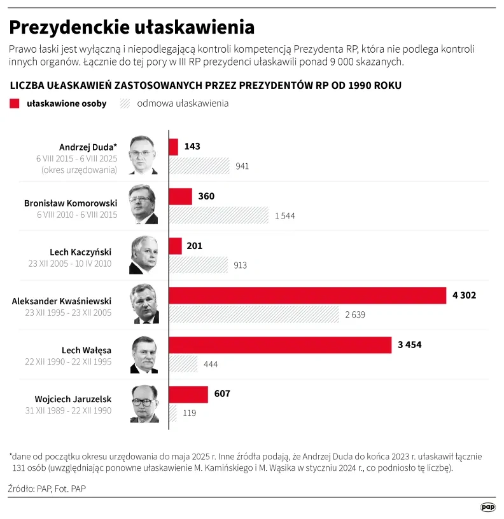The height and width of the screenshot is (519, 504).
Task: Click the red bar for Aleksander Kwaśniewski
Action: [307, 295]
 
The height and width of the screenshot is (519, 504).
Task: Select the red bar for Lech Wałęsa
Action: [280, 345]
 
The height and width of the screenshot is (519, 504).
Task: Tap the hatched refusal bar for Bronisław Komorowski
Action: [219, 215]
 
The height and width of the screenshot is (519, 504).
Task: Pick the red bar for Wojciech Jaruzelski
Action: [188, 394]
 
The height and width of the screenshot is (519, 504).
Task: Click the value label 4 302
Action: [464, 295]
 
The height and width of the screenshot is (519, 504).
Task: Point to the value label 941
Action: [242, 166]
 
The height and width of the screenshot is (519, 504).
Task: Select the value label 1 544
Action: [284, 216]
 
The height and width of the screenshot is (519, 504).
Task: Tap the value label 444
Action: [211, 364]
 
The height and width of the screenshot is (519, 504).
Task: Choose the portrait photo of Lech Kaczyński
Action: [144, 255]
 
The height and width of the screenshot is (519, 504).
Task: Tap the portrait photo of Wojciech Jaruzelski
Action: [144, 404]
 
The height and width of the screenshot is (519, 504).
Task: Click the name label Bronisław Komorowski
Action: [71, 203]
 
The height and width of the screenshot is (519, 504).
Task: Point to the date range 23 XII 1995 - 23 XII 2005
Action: [68, 313]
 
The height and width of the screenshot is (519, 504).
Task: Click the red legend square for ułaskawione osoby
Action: [15, 104]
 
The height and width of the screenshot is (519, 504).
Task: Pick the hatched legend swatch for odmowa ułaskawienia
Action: [125, 104]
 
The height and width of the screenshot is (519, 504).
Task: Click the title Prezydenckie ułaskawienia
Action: [132, 27]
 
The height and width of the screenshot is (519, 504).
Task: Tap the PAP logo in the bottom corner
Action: [487, 507]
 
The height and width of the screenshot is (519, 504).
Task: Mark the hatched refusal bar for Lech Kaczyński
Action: [198, 265]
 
